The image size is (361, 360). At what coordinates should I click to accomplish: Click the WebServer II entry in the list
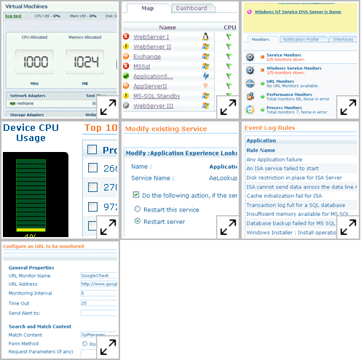coord(151,46)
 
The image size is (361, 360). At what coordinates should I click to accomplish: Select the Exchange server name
coord(147,56)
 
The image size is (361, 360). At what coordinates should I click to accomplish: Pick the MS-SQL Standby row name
coord(157,95)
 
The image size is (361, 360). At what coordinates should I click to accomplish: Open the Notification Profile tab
coord(299,39)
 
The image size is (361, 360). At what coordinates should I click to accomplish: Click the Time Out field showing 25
coord(99,303)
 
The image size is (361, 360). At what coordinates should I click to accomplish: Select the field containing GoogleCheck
coord(99,276)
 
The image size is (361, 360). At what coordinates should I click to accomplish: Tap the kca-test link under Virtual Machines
coord(14,14)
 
